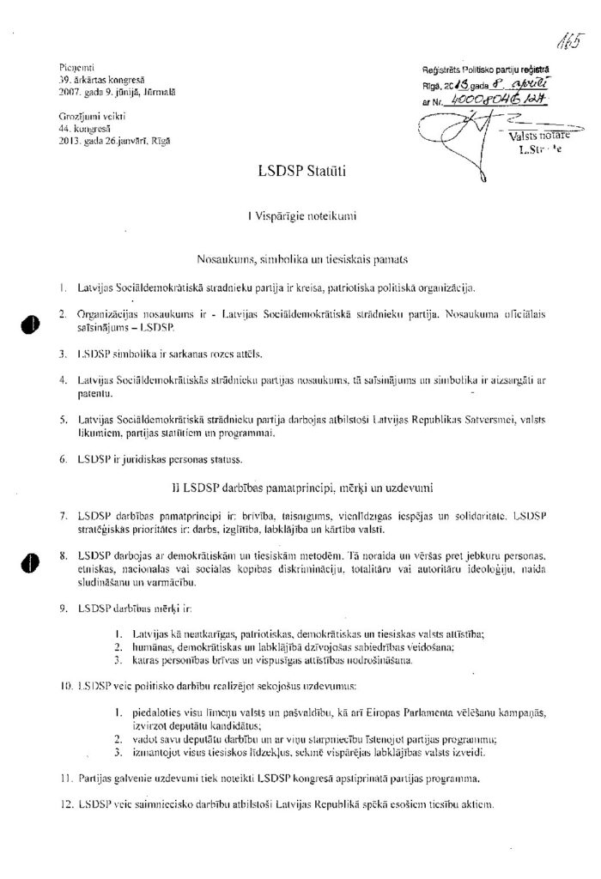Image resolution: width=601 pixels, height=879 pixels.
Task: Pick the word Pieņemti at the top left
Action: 66,66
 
